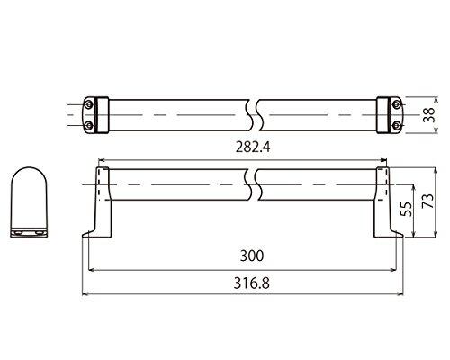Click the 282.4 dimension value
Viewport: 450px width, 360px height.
click(x=253, y=147)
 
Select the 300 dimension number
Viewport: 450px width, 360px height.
click(x=252, y=256)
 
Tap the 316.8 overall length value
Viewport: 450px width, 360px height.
click(x=252, y=283)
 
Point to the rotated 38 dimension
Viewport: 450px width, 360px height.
click(x=429, y=114)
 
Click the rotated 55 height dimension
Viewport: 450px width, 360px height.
click(x=406, y=209)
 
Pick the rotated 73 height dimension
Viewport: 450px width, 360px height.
click(x=427, y=201)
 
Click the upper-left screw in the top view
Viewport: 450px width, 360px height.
click(x=88, y=104)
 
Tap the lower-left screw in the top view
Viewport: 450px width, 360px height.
click(x=88, y=126)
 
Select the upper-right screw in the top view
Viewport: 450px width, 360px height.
click(x=397, y=104)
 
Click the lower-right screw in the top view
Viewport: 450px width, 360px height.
click(x=397, y=125)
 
